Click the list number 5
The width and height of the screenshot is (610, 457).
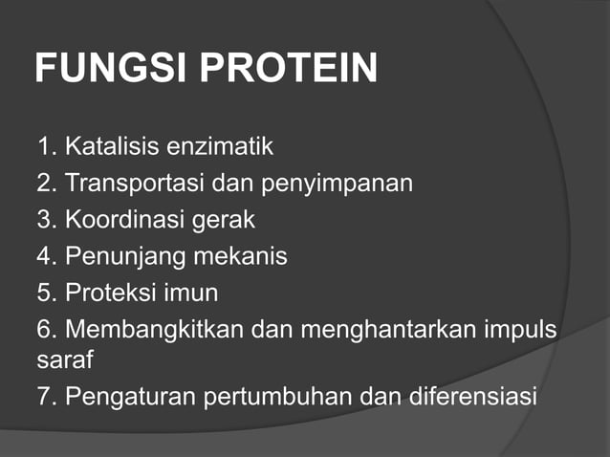44,292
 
